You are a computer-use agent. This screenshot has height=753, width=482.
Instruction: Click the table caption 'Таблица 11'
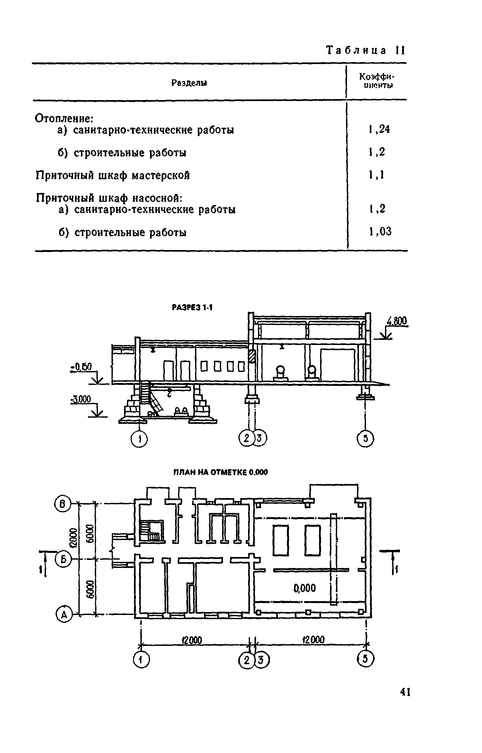(x=366, y=51)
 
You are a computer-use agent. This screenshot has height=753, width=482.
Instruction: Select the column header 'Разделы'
(x=189, y=83)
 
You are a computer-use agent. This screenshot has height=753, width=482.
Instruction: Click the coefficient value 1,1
(x=377, y=175)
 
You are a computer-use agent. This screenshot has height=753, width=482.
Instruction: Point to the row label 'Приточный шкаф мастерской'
(x=112, y=175)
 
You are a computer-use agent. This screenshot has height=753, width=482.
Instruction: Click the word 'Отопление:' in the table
(x=64, y=118)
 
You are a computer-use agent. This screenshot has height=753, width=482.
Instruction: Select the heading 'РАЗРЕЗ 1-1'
(x=192, y=308)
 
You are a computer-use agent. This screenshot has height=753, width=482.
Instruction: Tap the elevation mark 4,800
(x=397, y=321)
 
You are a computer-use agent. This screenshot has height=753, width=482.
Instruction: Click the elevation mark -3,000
(x=81, y=400)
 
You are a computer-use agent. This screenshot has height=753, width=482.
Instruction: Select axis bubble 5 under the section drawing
(x=366, y=439)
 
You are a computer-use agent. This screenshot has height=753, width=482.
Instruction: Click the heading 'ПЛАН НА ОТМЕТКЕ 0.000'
(x=220, y=472)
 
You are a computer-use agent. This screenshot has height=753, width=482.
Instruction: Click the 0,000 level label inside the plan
(x=305, y=588)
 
